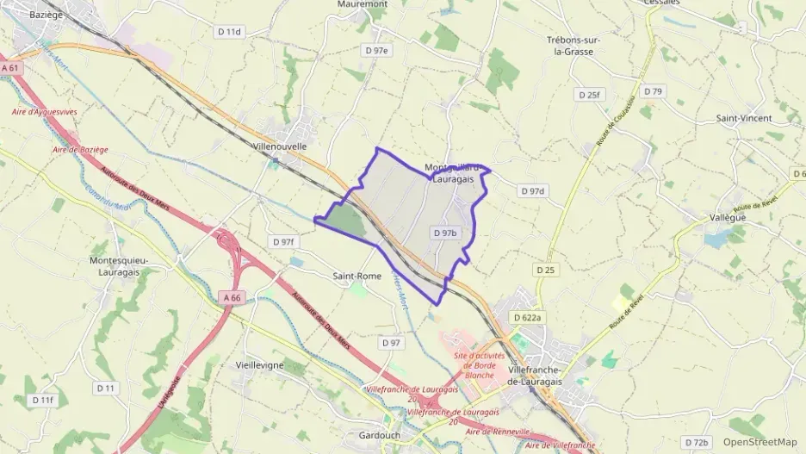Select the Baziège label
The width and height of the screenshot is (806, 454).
tap(46, 16)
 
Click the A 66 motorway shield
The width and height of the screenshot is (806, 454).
tap(231, 297)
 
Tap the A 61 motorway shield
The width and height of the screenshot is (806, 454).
tap(10, 67)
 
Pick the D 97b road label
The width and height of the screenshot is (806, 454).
tap(444, 233)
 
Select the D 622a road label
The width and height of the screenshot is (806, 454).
tap(528, 318)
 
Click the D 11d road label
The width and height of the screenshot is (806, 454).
tap(229, 31)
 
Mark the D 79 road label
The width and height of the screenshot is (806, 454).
tap(654, 91)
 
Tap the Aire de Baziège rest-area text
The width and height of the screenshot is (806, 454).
tap(80, 150)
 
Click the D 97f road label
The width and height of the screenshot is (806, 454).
tap(282, 242)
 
